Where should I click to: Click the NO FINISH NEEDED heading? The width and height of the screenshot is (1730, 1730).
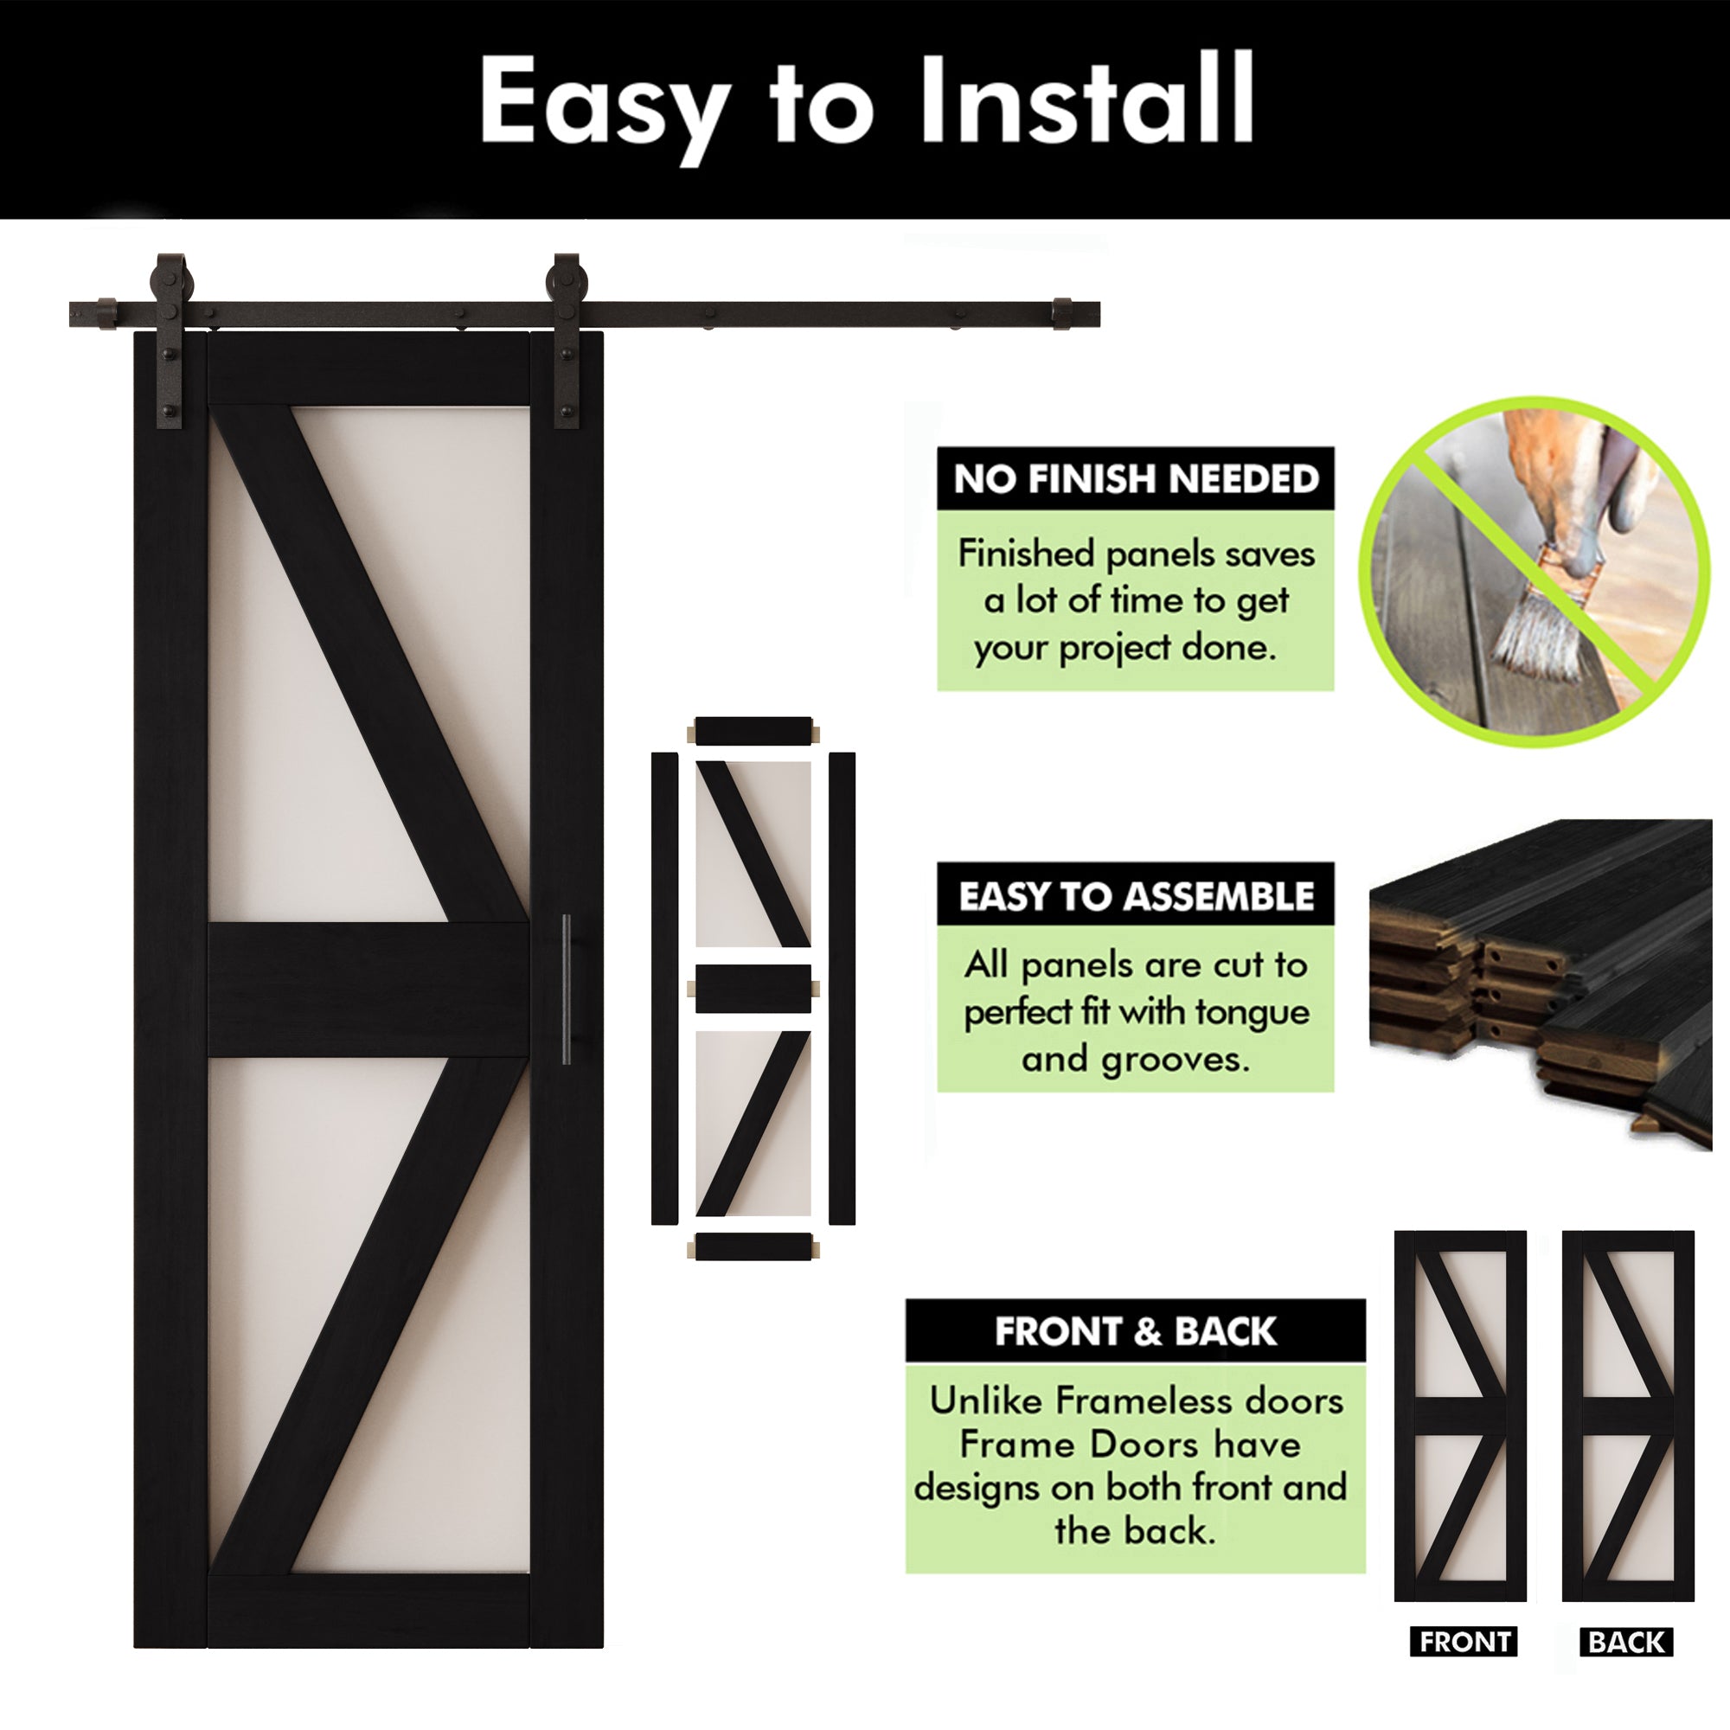1136,479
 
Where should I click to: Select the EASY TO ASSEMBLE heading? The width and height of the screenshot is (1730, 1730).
1136,895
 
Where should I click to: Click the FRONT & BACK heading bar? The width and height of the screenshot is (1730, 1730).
1136,1330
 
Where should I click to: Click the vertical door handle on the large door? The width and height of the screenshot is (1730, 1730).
566,990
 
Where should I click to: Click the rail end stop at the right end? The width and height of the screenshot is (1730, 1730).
1062,313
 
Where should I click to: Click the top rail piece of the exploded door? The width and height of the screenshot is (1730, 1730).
754,731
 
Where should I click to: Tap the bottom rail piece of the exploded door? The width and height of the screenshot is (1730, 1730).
754,1246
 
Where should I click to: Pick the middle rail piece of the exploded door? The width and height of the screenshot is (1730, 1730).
754,989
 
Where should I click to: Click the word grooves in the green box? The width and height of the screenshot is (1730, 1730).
1174,1060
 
